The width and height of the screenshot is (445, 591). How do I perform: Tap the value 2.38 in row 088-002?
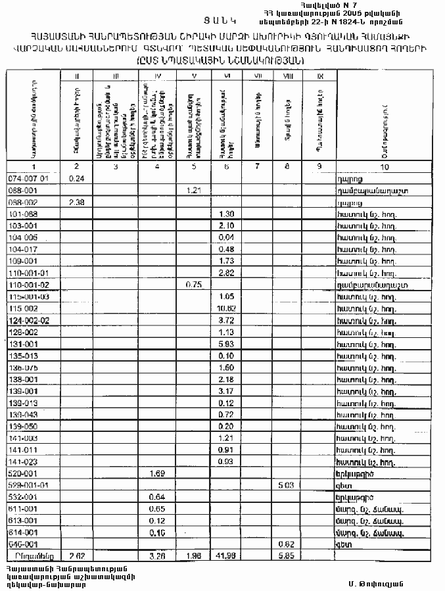click(78, 202)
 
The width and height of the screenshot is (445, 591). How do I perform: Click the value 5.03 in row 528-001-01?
click(285, 486)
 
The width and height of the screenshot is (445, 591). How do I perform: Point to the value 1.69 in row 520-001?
click(156, 473)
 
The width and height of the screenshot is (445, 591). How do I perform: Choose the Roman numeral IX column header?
click(319, 76)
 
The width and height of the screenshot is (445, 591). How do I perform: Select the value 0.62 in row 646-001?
click(285, 545)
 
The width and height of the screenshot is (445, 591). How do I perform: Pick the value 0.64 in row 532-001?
click(156, 498)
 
